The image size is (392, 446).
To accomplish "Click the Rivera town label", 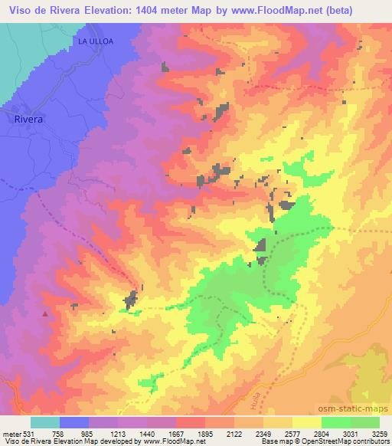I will pyautogui.click(x=29, y=120).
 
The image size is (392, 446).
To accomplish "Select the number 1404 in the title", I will pyautogui.click(x=177, y=10).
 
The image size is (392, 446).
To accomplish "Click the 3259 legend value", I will pyautogui.click(x=380, y=435).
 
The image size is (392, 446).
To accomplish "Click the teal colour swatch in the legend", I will pyautogui.click(x=45, y=422).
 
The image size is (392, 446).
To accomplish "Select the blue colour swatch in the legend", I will pyautogui.click(x=74, y=422).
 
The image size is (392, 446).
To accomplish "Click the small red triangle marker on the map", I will pyautogui.click(x=45, y=313).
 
